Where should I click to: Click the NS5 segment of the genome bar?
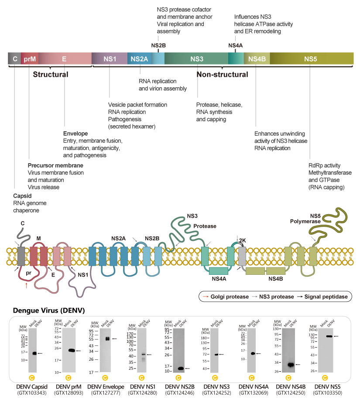point(310,58)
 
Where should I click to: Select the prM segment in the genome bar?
point(29,58)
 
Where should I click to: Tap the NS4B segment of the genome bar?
point(257,58)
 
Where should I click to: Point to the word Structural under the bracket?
point(51,75)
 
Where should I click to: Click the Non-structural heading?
point(222,75)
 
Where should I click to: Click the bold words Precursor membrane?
point(55,165)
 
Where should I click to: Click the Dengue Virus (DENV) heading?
point(43,311)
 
